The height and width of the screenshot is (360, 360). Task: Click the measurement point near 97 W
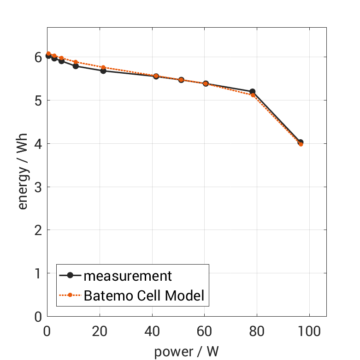click(301, 142)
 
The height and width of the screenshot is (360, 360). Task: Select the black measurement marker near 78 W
click(252, 92)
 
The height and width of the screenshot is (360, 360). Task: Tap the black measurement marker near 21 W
click(103, 71)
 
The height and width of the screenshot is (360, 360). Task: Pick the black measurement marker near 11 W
click(76, 66)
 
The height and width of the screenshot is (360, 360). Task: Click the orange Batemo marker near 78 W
click(253, 95)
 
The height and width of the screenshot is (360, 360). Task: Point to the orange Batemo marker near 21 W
click(103, 67)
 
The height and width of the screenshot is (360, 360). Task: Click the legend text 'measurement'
click(128, 276)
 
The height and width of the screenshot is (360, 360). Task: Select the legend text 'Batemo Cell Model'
click(144, 295)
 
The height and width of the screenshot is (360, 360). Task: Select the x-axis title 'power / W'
click(186, 352)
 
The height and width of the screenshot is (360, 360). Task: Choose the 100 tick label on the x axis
click(309, 330)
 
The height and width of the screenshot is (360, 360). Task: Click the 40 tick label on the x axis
click(152, 330)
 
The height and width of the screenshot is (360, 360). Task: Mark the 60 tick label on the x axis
click(204, 330)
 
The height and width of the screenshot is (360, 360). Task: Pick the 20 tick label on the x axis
click(100, 330)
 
